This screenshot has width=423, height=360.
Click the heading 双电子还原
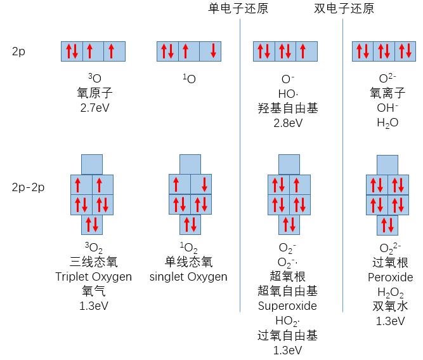click(344, 8)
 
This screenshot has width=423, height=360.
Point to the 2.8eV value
click(288, 123)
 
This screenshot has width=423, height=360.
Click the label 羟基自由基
click(288, 108)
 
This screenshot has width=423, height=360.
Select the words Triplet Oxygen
click(93, 276)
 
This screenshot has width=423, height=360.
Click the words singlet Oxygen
click(188, 276)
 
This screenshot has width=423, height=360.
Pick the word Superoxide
click(287, 305)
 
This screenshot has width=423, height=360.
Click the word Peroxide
click(390, 277)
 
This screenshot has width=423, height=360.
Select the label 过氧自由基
click(287, 335)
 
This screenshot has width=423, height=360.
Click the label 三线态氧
click(93, 262)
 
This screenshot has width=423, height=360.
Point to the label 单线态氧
click(188, 262)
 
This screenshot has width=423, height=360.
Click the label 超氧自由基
click(287, 291)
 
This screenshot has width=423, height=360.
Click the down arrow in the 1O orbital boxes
click(212, 51)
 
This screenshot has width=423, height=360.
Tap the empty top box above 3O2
click(93, 164)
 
